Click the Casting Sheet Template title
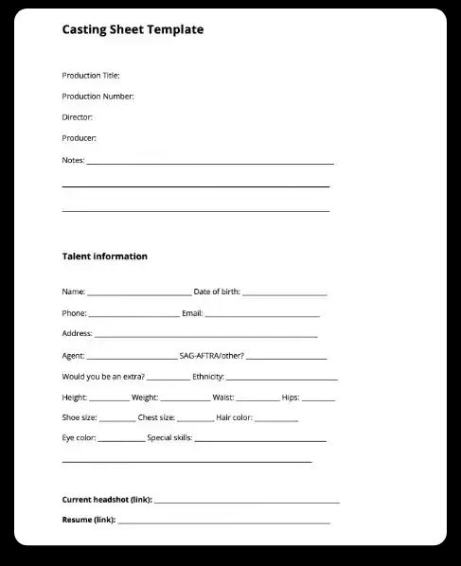[133, 30]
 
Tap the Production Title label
[91, 76]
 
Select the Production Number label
[98, 97]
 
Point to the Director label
[77, 117]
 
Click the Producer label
[79, 138]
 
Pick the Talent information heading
[104, 256]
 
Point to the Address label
[77, 334]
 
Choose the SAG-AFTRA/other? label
[212, 356]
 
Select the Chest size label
[156, 417]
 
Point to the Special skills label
[169, 438]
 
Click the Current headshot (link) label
[106, 499]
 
